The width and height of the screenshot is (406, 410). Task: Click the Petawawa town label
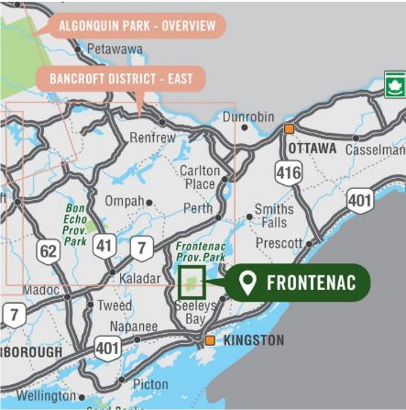click(115, 48)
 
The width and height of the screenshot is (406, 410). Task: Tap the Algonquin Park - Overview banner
click(137, 25)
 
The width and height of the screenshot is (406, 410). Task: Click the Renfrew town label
click(153, 138)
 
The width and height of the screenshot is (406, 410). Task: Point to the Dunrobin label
click(248, 117)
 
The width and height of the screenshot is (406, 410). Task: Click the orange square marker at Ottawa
click(290, 129)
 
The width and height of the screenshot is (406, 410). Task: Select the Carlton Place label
click(200, 178)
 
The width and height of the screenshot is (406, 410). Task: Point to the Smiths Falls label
click(274, 216)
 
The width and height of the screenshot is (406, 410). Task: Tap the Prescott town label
click(279, 244)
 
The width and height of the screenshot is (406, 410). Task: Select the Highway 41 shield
click(104, 245)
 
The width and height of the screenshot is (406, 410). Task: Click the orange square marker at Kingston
click(211, 340)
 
